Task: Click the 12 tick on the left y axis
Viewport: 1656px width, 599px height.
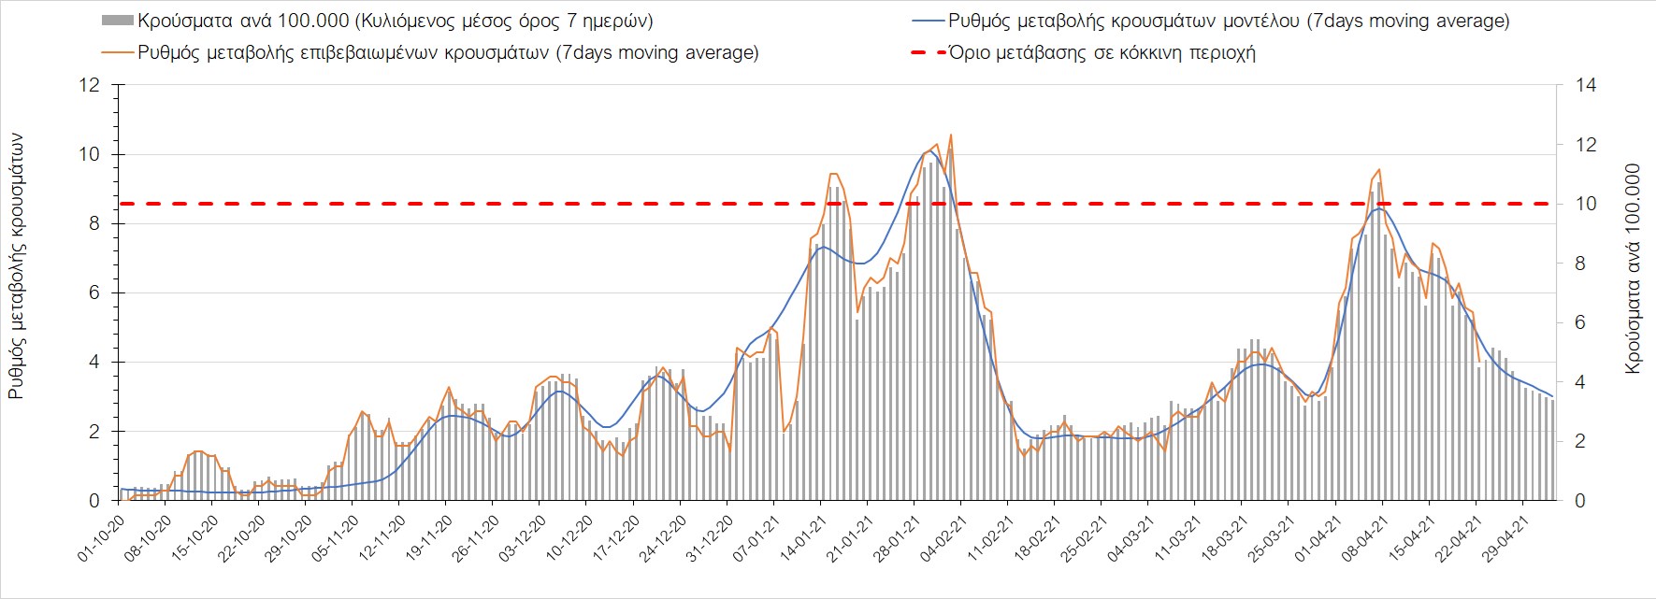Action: pyautogui.click(x=90, y=86)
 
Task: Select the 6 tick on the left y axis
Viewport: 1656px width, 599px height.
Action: pyautogui.click(x=94, y=293)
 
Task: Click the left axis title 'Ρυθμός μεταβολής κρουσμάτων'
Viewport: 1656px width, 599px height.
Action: pyautogui.click(x=17, y=266)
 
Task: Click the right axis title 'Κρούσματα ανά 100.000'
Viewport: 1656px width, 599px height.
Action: pyautogui.click(x=1634, y=269)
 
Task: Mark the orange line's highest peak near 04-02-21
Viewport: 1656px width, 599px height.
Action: pyautogui.click(x=951, y=135)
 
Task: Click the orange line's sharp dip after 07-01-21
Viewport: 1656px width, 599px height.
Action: pyautogui.click(x=785, y=431)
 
